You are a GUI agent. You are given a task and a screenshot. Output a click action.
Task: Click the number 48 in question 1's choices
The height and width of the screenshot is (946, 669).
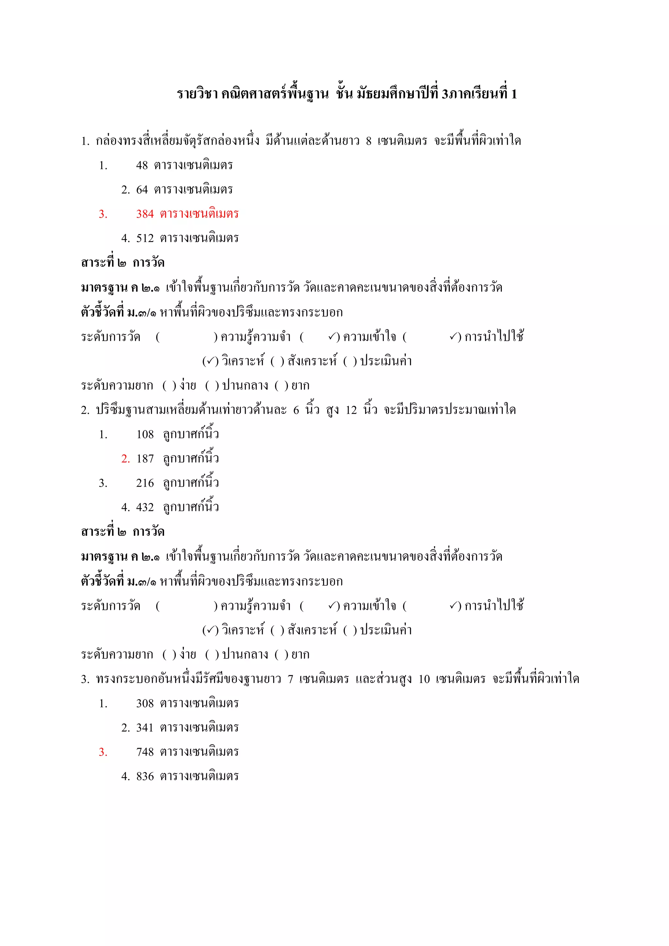[x=142, y=166]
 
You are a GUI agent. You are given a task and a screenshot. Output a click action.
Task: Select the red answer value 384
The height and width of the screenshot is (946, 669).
[x=145, y=214]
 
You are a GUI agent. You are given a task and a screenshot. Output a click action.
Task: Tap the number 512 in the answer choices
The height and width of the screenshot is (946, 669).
[x=145, y=238]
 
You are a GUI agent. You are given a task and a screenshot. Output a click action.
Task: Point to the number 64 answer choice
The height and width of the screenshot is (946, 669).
[x=142, y=190]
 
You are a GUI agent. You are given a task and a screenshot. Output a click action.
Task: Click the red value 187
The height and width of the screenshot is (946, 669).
[x=145, y=459]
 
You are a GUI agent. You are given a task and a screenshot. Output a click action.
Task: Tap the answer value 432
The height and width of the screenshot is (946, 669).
[x=145, y=508]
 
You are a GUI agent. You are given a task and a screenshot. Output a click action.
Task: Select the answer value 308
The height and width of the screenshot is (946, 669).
[x=145, y=704]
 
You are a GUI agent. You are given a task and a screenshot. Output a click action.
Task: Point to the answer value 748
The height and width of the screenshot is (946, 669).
[x=145, y=752]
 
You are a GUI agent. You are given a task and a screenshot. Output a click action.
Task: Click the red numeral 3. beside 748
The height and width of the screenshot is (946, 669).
[x=103, y=752]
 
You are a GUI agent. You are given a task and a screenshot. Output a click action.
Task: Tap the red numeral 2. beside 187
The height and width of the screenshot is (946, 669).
[x=125, y=459]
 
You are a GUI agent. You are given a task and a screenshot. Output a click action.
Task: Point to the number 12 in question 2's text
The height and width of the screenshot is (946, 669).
[x=351, y=410]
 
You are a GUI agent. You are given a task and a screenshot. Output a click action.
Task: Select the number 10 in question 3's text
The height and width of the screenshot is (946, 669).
[x=424, y=679]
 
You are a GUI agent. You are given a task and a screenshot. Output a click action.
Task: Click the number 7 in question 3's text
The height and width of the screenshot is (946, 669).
[x=290, y=679]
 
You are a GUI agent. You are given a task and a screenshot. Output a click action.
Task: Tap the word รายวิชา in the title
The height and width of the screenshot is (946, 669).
[x=197, y=94]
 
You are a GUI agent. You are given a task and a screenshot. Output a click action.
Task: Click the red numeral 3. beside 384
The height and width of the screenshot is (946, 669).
[x=103, y=214]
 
